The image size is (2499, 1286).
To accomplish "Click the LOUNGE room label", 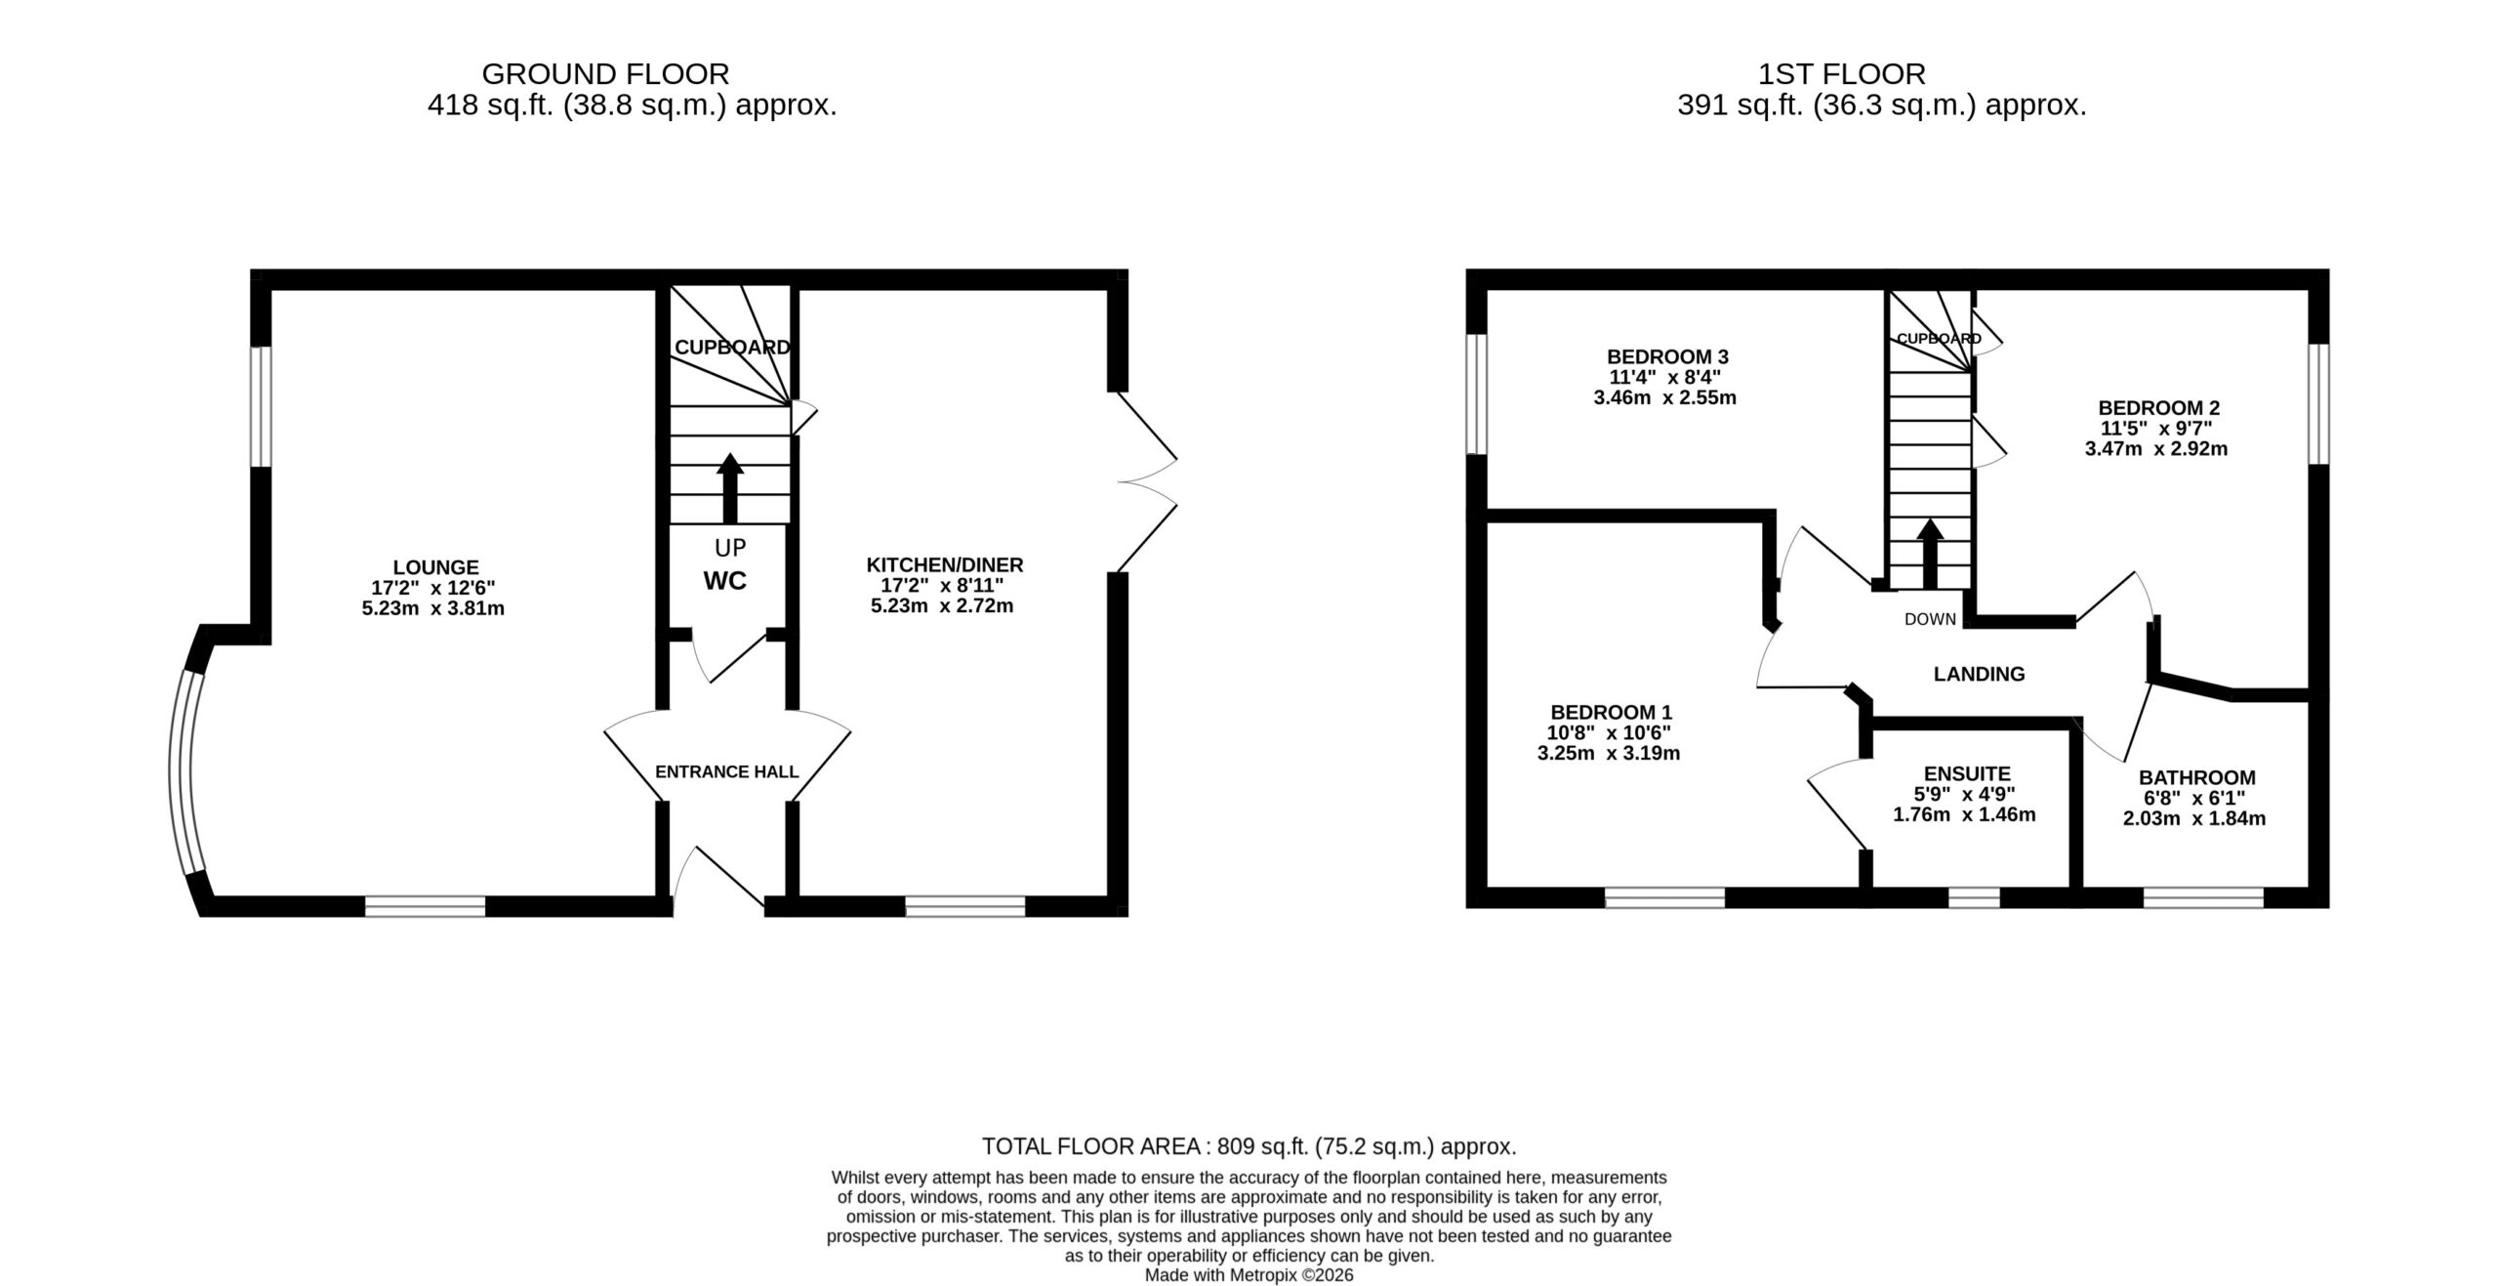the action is [x=435, y=567].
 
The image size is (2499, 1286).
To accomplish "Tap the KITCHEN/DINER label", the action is [x=945, y=564].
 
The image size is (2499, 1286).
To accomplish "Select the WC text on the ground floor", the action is [x=725, y=581].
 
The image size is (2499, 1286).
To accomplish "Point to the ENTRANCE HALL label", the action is [x=727, y=771].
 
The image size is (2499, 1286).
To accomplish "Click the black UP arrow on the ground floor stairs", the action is [x=729, y=487].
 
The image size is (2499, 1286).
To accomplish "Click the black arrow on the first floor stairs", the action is [x=1930, y=554].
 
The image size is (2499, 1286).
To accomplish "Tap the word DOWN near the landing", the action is [x=1930, y=619].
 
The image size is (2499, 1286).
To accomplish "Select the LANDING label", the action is [x=1980, y=674].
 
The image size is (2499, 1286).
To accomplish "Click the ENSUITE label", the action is [x=1967, y=774].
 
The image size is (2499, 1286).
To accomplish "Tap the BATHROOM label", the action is [x=2197, y=777].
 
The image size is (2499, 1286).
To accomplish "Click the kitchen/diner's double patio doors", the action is [x=1147, y=482].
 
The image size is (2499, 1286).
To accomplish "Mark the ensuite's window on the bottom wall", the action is [x=1974, y=896].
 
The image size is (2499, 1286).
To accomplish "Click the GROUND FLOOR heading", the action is [x=605, y=74].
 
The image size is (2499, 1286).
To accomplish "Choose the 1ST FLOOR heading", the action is [x=1842, y=74].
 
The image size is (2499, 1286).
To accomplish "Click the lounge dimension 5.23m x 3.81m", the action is [x=432, y=608].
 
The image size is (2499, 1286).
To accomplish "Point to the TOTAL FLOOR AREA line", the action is [x=1249, y=1145].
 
